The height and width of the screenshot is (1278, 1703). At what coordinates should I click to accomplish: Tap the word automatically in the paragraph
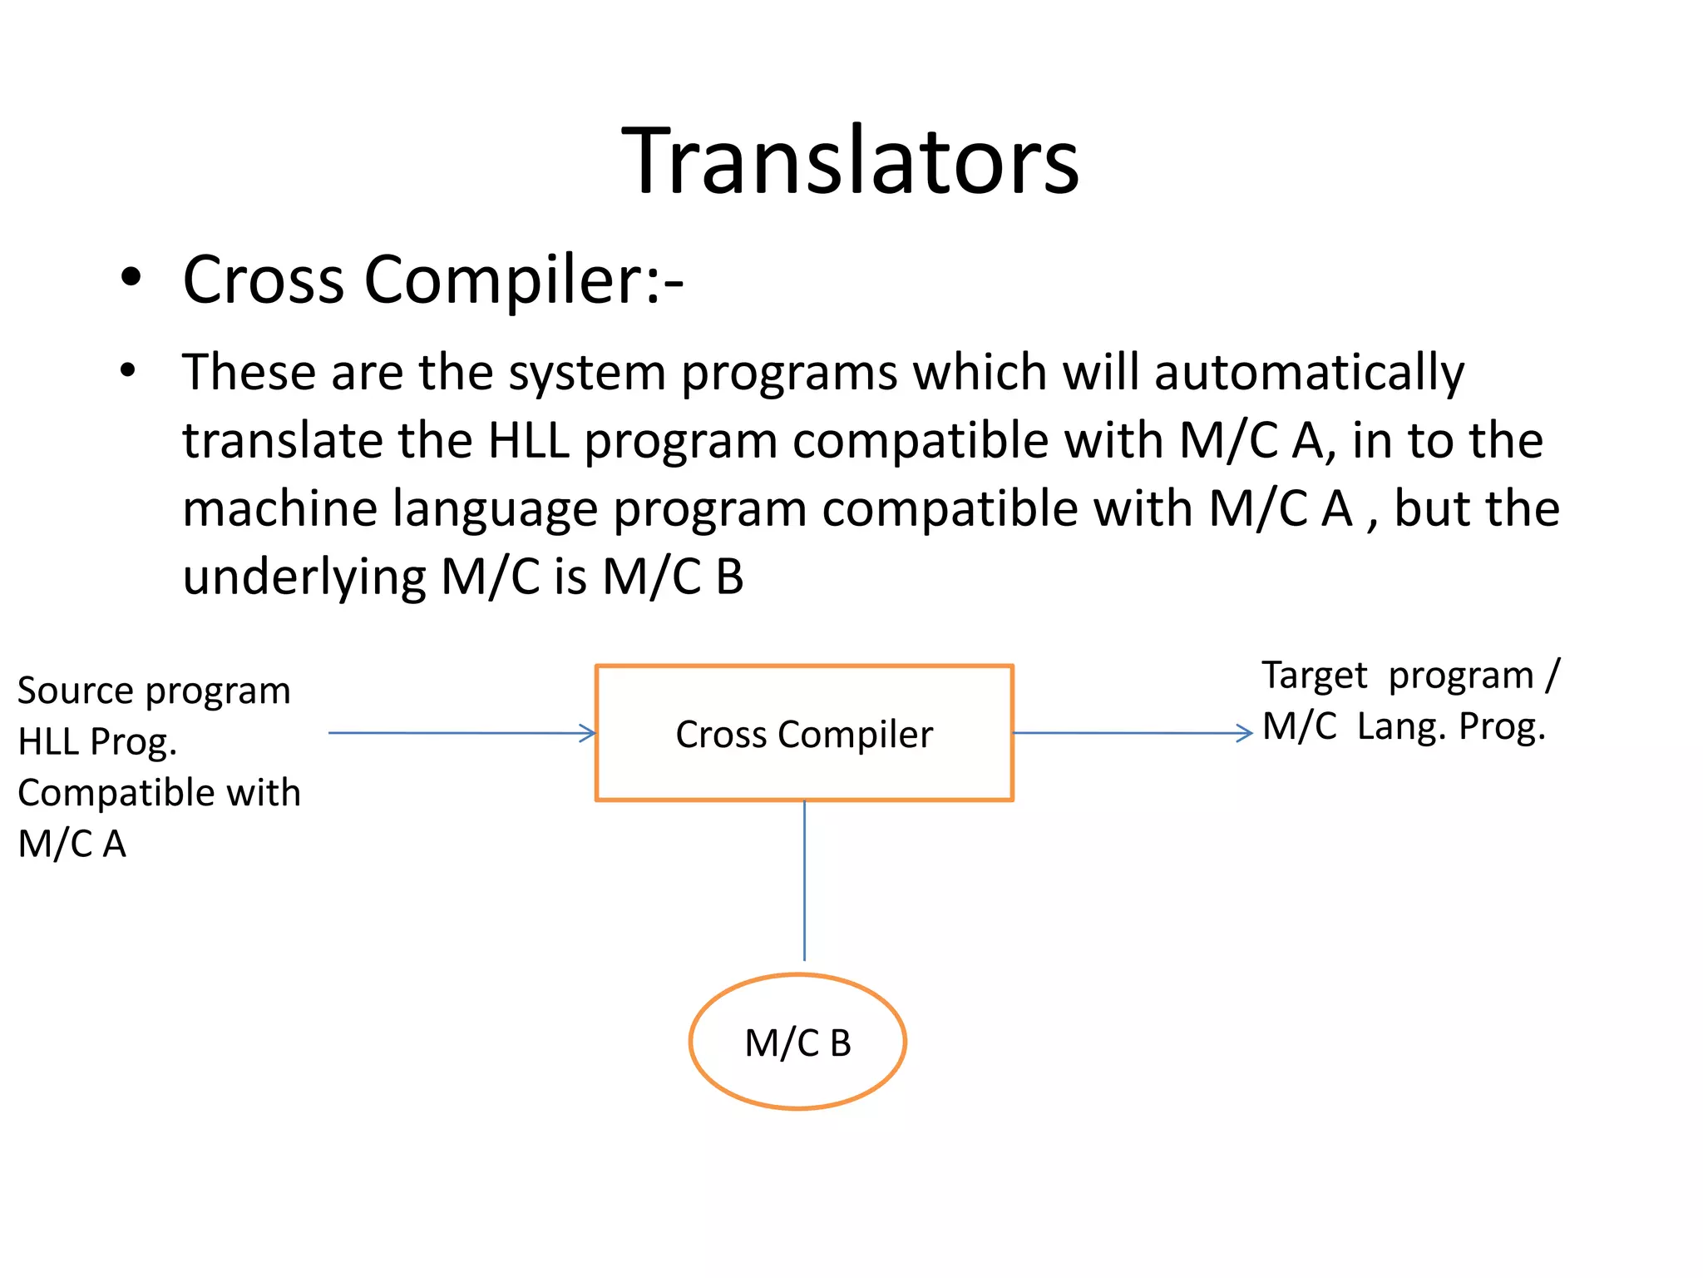(1309, 372)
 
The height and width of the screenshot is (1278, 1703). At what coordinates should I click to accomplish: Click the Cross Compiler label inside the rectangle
(804, 735)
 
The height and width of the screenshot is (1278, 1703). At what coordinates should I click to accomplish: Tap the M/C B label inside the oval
(797, 1043)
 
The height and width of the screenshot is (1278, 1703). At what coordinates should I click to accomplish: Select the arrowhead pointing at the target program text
(1246, 733)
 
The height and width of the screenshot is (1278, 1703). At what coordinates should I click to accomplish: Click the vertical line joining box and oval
(804, 880)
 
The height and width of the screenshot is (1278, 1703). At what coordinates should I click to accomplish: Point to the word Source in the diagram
(76, 691)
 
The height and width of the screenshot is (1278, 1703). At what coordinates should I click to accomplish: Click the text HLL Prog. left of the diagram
(97, 742)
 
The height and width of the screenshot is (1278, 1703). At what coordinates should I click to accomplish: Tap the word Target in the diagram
(1314, 676)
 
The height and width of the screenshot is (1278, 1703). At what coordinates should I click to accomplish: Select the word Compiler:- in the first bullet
(524, 280)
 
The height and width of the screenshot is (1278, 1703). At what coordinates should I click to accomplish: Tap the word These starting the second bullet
(249, 372)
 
